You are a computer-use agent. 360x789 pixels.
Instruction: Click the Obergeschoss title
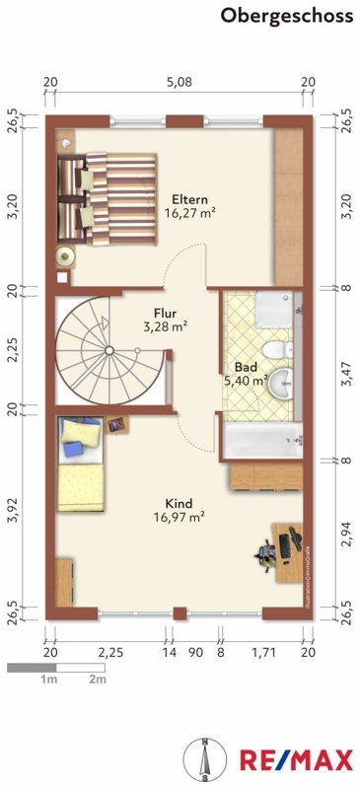click(x=286, y=16)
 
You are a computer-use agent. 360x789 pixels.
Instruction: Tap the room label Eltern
click(x=189, y=199)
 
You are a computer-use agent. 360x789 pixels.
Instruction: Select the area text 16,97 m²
click(x=179, y=517)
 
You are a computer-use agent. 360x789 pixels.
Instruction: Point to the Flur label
click(x=165, y=314)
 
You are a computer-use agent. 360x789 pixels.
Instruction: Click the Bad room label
click(x=246, y=367)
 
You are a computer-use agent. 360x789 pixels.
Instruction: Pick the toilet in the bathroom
click(x=278, y=349)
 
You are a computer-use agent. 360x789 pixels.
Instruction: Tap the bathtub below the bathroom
click(x=262, y=441)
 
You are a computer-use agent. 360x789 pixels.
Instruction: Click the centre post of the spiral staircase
click(x=108, y=350)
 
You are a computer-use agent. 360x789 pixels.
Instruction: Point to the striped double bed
click(x=107, y=200)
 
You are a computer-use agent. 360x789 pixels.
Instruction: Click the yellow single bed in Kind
click(x=81, y=464)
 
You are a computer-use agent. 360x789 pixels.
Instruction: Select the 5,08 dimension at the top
click(x=180, y=82)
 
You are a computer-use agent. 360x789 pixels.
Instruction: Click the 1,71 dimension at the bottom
click(x=261, y=653)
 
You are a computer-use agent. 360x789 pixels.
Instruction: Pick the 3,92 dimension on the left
click(x=14, y=511)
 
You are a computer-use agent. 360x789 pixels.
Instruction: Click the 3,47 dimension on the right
click(x=345, y=374)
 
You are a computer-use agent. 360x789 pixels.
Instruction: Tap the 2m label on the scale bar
click(x=98, y=680)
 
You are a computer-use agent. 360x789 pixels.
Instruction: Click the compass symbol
click(x=204, y=758)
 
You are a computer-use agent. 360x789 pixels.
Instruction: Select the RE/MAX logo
click(x=297, y=759)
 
